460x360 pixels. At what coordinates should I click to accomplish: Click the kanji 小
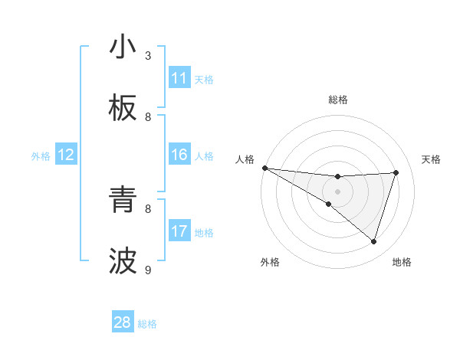(x=123, y=47)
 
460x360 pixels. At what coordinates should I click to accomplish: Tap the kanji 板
(x=123, y=109)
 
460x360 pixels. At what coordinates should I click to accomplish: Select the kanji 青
(x=123, y=201)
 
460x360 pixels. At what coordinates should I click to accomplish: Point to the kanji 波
(x=123, y=262)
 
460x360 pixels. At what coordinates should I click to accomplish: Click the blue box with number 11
(x=179, y=78)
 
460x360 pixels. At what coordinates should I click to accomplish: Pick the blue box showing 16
(x=179, y=155)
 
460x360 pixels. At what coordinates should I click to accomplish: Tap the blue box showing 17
(x=179, y=231)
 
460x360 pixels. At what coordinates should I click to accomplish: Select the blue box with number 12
(x=66, y=155)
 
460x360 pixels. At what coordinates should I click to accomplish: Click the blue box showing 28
(x=123, y=322)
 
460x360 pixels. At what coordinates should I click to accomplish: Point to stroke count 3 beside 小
(x=148, y=55)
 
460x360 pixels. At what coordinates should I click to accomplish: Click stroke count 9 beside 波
(x=148, y=270)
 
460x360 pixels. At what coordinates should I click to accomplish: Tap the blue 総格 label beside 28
(x=147, y=324)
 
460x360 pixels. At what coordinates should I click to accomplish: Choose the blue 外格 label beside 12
(x=41, y=155)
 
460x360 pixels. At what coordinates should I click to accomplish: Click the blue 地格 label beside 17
(x=204, y=232)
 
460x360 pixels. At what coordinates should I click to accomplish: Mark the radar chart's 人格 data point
(x=264, y=167)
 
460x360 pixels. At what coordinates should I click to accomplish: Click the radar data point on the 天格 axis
(x=396, y=172)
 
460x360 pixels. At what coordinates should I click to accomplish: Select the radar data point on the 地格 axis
(x=373, y=241)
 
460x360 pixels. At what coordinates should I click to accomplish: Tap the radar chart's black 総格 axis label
(x=337, y=100)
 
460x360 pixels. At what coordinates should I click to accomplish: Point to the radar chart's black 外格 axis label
(x=270, y=262)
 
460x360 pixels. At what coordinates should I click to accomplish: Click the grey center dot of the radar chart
(x=337, y=191)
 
